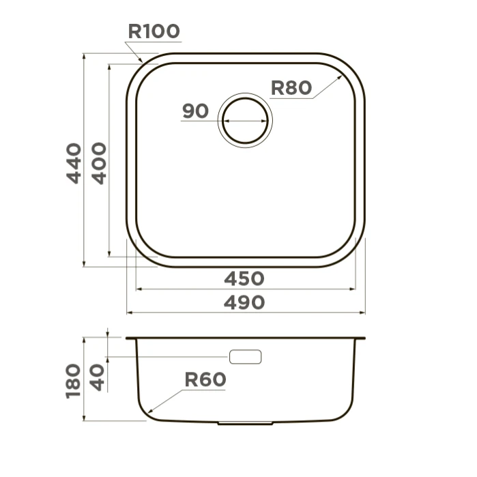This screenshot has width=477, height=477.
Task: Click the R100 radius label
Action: point(154,31)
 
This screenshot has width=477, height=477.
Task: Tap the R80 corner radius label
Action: point(291,88)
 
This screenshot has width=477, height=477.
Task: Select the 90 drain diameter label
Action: point(196,111)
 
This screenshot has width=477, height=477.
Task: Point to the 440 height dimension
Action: point(74,163)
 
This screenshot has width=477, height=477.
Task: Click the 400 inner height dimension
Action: point(99,163)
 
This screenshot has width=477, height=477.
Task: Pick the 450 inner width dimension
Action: point(244,278)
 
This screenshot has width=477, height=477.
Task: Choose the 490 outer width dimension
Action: point(244,303)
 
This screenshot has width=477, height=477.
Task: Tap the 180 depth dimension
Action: point(73,381)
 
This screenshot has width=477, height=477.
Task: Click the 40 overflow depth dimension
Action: point(97,378)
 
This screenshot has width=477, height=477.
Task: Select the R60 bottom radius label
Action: point(205,379)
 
